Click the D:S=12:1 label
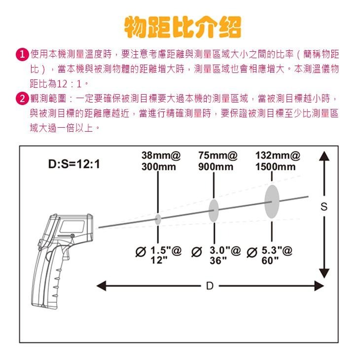tap(74, 163)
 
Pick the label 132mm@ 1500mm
tap(276, 161)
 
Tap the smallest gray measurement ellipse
tap(158, 219)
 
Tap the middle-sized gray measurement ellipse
tap(214, 211)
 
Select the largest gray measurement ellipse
tap(272, 201)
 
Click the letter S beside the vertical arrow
tap(324, 208)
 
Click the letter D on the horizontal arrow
tap(209, 286)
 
